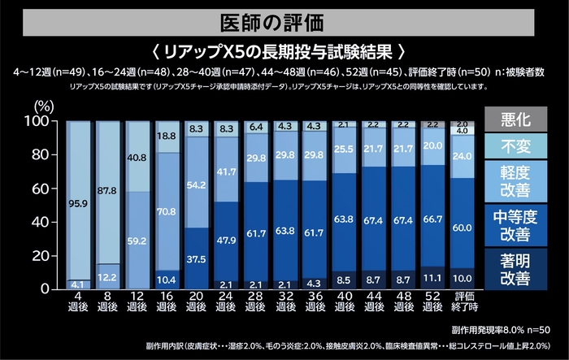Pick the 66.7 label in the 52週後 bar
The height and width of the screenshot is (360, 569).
click(432, 220)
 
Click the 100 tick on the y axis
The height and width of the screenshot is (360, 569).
click(39, 122)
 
